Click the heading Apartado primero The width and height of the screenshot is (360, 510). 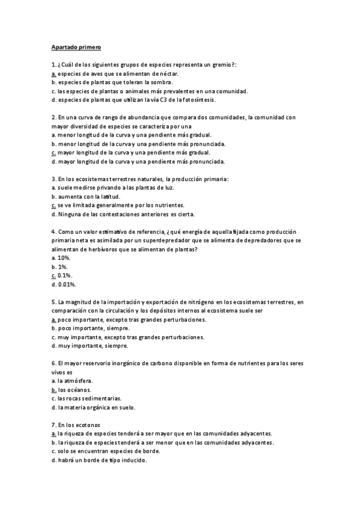tap(77, 46)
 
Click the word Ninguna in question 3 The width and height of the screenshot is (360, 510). tap(68, 214)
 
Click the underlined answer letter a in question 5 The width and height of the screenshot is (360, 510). tap(53, 320)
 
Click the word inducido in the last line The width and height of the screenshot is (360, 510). tap(131, 461)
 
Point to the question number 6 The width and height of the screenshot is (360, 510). tap(54, 364)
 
